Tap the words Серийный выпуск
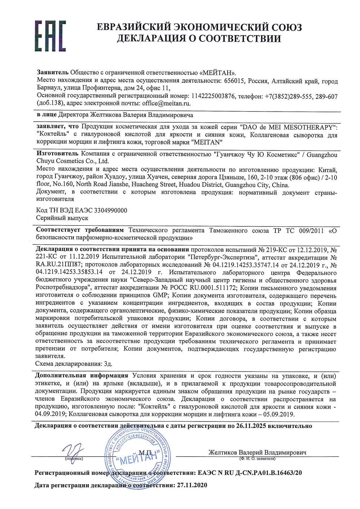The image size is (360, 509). pos(62,218)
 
